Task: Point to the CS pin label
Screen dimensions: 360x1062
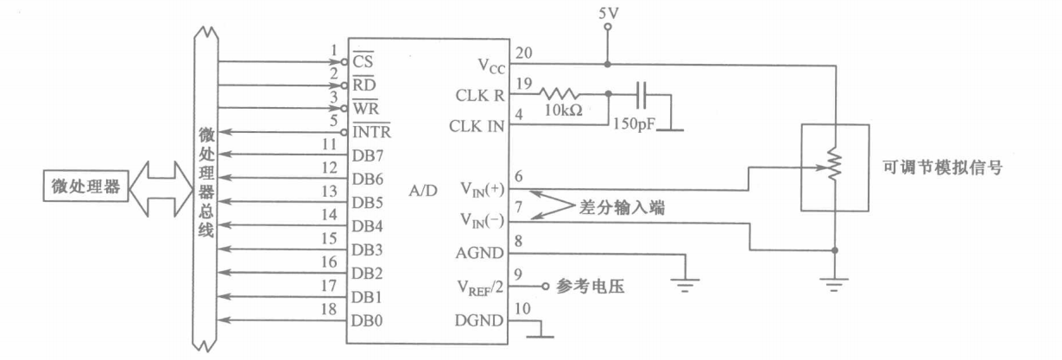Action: [362, 62]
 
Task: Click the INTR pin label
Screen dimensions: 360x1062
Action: [371, 132]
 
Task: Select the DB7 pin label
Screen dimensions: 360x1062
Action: [367, 155]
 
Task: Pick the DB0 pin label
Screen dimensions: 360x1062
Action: [367, 319]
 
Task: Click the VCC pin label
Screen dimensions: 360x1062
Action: [492, 65]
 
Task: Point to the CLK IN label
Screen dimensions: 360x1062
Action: [477, 125]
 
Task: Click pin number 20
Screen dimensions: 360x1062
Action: [522, 53]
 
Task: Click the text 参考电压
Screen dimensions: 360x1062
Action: [590, 286]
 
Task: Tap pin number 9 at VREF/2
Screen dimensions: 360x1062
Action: [518, 275]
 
